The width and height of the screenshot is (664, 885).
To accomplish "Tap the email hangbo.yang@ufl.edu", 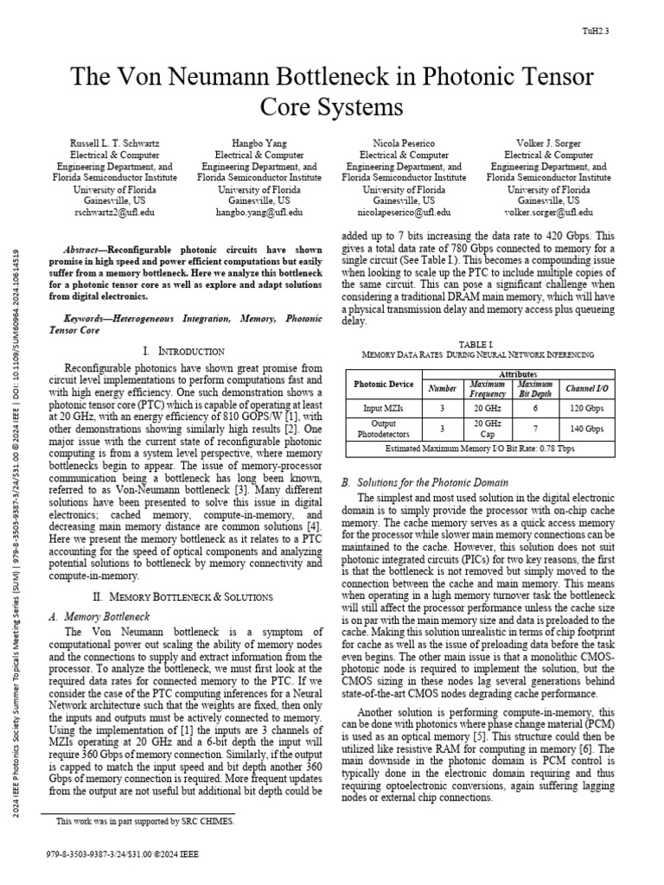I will [259, 211].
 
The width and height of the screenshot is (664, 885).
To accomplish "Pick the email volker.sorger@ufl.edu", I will [550, 211].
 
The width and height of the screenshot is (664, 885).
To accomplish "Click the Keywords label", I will [94, 319].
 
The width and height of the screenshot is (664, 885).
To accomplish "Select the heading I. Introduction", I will [183, 351].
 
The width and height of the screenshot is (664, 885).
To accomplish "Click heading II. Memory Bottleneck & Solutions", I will [183, 596].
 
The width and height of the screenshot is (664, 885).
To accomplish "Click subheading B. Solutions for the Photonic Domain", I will [425, 482].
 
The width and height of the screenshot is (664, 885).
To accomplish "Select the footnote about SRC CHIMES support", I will [144, 821].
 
